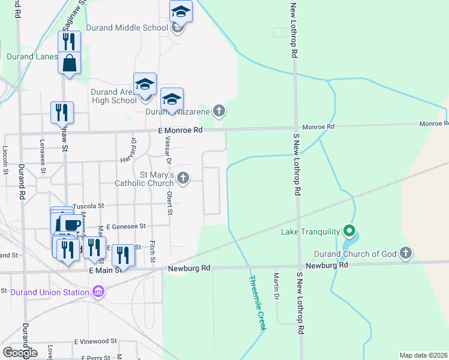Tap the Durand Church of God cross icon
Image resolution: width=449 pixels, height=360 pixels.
click(x=406, y=253)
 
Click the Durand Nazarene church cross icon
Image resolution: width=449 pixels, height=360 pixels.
click(x=220, y=110)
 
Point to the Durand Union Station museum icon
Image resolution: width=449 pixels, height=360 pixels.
click(x=99, y=292)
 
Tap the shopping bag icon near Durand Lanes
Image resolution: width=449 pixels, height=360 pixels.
click(x=70, y=62)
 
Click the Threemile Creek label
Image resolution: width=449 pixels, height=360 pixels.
click(x=258, y=303)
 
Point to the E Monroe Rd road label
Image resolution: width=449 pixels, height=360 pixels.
click(x=179, y=130)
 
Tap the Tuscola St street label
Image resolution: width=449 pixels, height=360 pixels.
click(x=88, y=206)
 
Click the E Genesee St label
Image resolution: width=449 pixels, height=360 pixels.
click(x=126, y=226)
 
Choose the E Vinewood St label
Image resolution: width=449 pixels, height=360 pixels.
click(x=95, y=341)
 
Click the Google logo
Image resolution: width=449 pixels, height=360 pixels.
click(x=20, y=352)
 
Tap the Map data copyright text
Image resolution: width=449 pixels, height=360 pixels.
click(x=423, y=355)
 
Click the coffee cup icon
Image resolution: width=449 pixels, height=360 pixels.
click(x=70, y=224)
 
